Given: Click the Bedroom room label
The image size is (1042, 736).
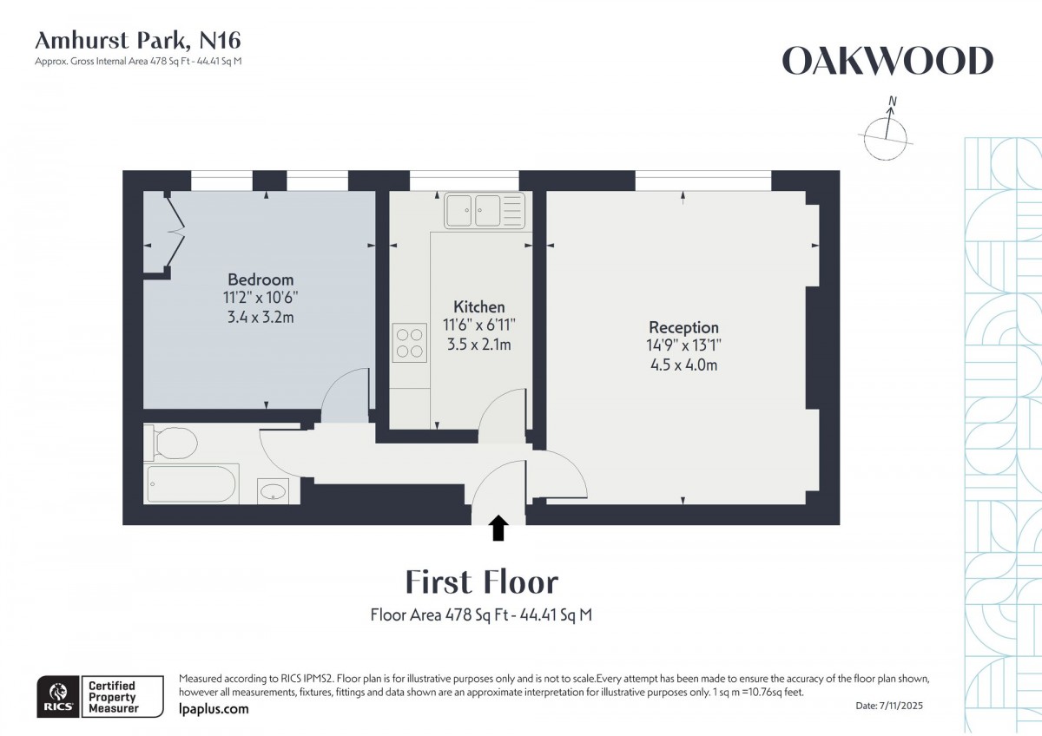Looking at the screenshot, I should pos(260,279).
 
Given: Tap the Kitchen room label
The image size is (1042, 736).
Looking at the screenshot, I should pos(478,307).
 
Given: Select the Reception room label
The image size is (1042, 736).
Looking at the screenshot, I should pos(683,327).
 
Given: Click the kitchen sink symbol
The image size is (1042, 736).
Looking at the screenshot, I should pos(485,210).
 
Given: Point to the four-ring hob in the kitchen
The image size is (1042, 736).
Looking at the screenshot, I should pos(409,341).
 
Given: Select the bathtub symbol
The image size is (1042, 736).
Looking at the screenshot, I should pos(191,484).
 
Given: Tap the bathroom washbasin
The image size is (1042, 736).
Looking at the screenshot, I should pos(274,490).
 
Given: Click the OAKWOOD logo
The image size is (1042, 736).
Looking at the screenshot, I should pos(887,61).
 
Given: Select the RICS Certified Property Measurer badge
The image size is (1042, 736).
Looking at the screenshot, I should pos(98,696).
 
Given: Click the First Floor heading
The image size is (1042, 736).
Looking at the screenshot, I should pos(482,582).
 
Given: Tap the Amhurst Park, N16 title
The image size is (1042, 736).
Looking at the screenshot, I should pos(137,40).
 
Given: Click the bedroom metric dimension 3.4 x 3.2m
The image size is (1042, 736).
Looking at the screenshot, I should pos(260,317).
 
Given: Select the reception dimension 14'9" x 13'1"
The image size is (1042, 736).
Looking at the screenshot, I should pos(683,345).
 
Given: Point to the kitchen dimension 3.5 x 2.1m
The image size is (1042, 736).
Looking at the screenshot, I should pos(478,345).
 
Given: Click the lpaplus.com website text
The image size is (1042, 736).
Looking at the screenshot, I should pos(213,709).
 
